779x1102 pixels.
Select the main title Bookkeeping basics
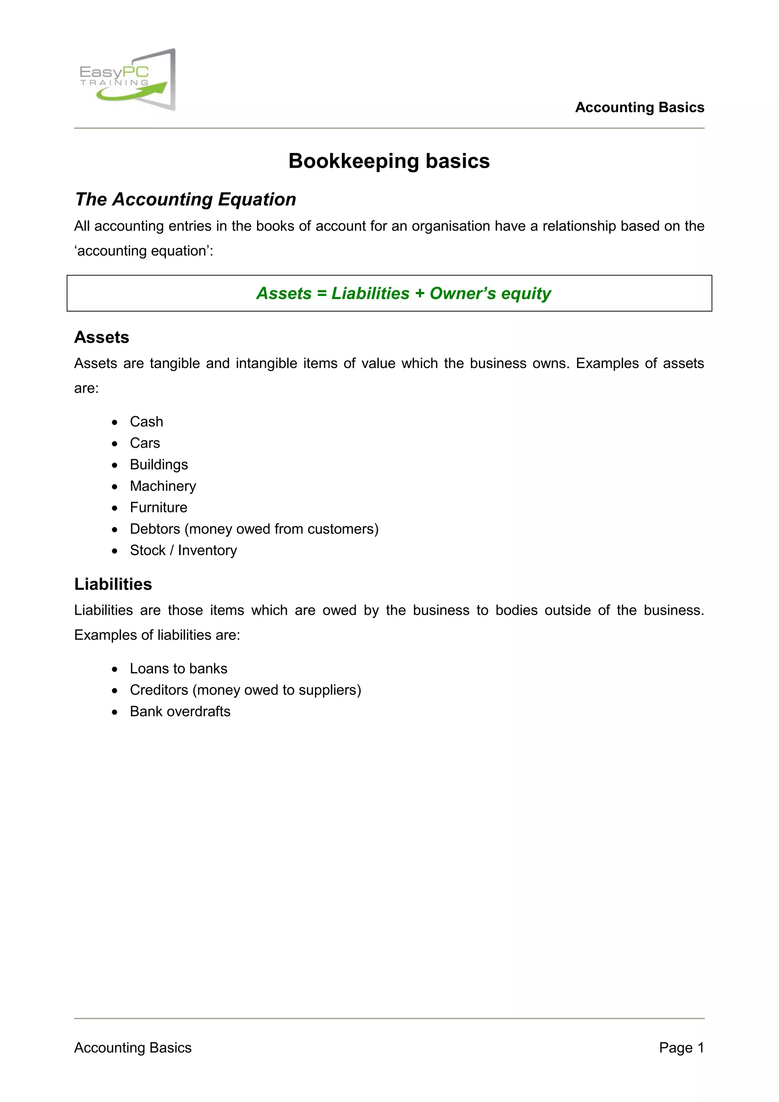coord(389,161)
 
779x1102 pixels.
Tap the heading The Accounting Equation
coord(185,199)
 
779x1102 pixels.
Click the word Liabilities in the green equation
coord(370,293)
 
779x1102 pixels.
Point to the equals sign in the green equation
coord(321,294)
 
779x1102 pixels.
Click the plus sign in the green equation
coord(420,294)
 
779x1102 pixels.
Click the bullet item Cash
coord(146,421)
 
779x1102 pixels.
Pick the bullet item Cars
coord(145,443)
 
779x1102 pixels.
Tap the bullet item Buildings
coord(159,464)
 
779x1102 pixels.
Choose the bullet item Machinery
coord(163,486)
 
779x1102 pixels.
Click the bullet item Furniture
coord(158,507)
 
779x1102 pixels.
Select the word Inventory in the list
coord(207,550)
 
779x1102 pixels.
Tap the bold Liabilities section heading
coord(113,584)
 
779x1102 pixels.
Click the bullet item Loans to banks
coord(178,669)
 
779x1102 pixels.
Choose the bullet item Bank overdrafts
coord(180,711)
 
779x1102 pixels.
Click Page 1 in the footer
coord(681,1048)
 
